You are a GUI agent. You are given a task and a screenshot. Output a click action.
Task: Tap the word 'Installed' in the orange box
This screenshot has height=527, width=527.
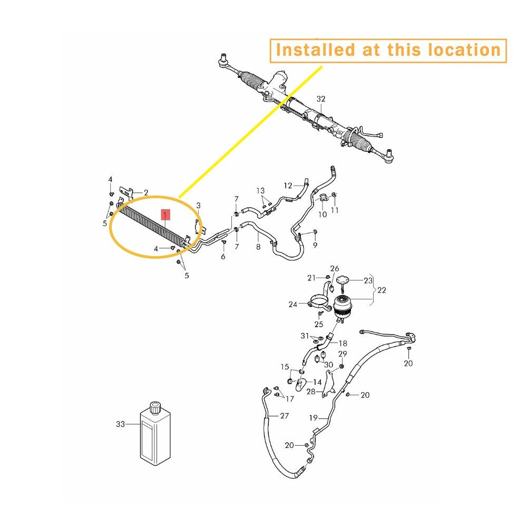[315, 50]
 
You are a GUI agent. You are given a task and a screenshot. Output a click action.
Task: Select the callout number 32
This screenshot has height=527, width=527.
[321, 99]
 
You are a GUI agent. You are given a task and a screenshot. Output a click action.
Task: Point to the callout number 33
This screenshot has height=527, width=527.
[120, 424]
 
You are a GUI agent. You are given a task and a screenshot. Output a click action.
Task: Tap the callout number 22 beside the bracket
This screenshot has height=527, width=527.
[382, 290]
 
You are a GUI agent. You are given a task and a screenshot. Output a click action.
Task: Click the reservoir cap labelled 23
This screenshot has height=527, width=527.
[342, 280]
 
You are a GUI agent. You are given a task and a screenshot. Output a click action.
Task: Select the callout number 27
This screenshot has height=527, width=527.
[285, 416]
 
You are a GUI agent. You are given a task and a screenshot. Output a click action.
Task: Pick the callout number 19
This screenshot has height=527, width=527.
[313, 418]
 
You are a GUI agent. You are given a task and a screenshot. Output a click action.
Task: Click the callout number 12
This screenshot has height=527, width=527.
[288, 186]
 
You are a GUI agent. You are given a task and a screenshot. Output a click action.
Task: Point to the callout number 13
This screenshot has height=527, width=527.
[260, 191]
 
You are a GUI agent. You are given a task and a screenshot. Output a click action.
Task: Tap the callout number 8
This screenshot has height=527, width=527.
[258, 247]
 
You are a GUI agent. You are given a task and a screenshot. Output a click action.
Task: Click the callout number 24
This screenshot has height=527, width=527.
[292, 305]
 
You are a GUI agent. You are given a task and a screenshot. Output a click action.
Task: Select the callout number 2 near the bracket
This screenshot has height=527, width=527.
[146, 192]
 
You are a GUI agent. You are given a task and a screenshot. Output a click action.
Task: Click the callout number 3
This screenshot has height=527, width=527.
[198, 206]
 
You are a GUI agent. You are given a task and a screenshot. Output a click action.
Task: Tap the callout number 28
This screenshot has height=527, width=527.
[311, 392]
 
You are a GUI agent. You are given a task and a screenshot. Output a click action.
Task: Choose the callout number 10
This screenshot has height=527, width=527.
[323, 214]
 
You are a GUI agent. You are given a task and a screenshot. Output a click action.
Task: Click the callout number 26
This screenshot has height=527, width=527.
[335, 269]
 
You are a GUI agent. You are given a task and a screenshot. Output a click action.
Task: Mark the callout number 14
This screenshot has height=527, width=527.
[317, 382]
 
